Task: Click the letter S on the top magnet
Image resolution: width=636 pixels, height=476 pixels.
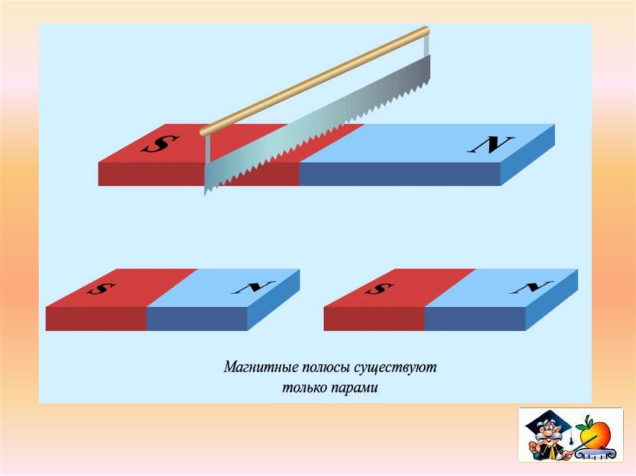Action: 156,144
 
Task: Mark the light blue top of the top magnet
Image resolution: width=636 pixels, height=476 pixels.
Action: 422,144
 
